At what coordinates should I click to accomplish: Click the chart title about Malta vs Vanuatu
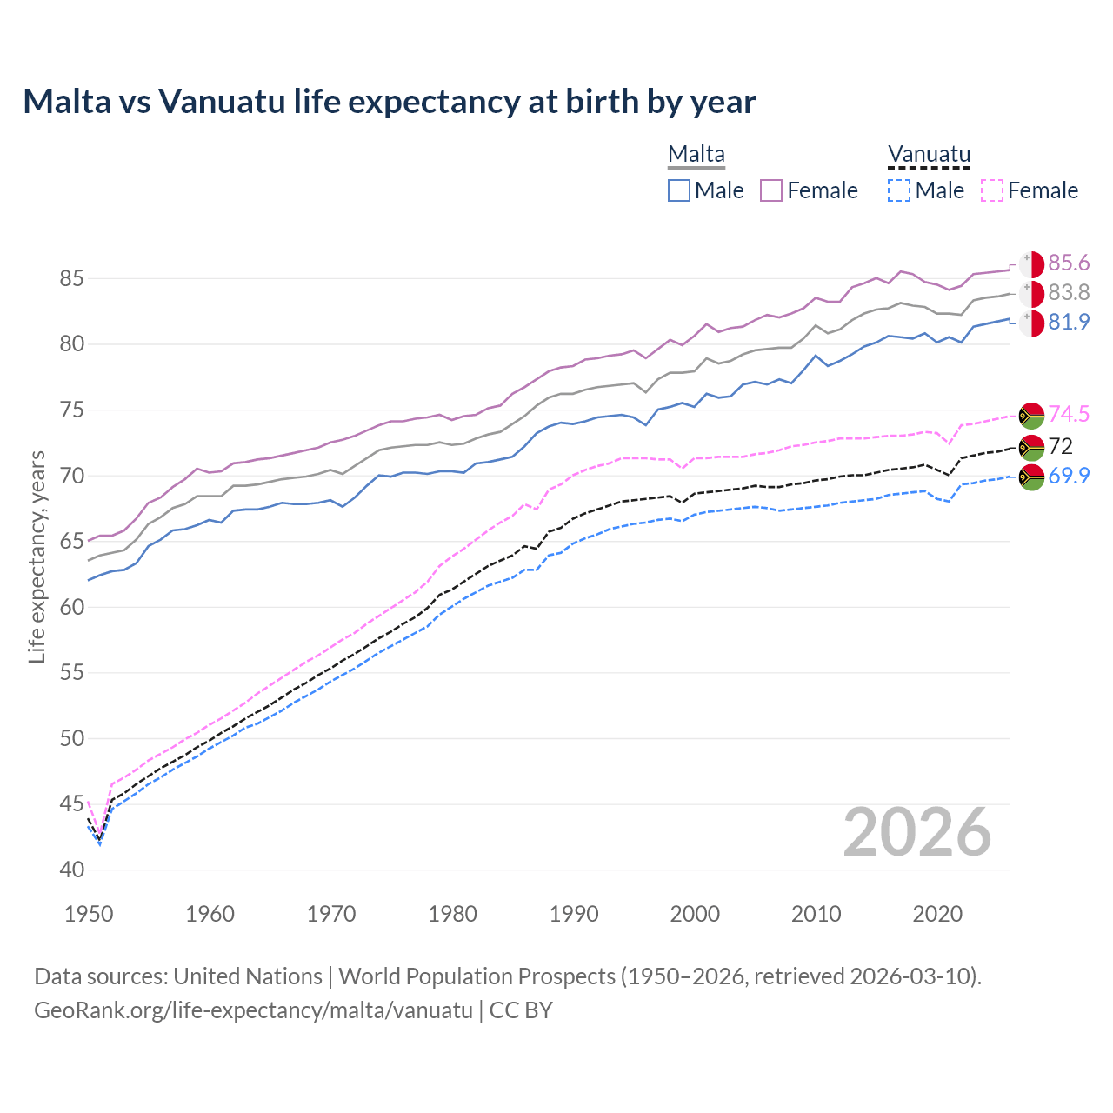[x=390, y=102]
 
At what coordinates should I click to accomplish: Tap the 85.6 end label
[x=1069, y=263]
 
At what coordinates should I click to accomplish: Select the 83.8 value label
[x=1069, y=293]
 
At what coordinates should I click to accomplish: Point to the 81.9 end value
[x=1069, y=322]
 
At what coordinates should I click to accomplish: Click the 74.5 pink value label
[x=1069, y=414]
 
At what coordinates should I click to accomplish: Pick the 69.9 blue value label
[x=1069, y=476]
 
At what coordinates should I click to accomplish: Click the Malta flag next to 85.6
[x=1031, y=264]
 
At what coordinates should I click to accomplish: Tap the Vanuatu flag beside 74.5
[x=1031, y=415]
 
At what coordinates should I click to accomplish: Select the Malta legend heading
[x=696, y=155]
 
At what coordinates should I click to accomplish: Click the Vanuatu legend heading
[x=928, y=155]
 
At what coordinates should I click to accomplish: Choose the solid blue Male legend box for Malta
[x=679, y=190]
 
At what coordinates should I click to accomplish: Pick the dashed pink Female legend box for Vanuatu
[x=992, y=190]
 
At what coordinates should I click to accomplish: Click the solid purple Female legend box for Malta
[x=771, y=190]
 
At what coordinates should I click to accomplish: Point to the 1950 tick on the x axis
[x=89, y=914]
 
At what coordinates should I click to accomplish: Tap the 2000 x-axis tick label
[x=695, y=914]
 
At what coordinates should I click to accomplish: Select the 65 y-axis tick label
[x=71, y=542]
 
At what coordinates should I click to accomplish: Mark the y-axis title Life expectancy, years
[x=37, y=556]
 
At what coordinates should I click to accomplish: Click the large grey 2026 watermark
[x=917, y=832]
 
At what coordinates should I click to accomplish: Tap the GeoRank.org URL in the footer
[x=253, y=1010]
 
